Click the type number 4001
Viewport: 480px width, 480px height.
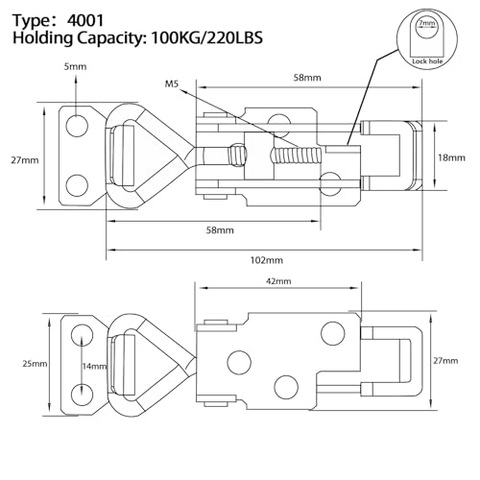tap(85, 21)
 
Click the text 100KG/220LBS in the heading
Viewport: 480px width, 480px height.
tap(206, 38)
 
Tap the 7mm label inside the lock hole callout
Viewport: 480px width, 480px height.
tap(427, 23)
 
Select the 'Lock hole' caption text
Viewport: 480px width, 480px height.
tap(427, 61)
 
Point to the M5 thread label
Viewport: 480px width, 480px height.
tap(172, 84)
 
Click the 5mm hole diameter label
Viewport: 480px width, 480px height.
tap(76, 66)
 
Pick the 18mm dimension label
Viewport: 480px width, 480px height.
tap(451, 157)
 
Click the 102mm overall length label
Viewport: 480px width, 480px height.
tap(267, 260)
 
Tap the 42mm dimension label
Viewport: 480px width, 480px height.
tap(278, 281)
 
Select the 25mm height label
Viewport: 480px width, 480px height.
tap(35, 364)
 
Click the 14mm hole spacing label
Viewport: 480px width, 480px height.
tap(95, 366)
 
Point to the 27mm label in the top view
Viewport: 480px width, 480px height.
tap(25, 160)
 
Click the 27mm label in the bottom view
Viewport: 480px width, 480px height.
tap(445, 361)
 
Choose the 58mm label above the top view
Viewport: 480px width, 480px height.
tap(307, 78)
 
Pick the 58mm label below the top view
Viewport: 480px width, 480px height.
tap(220, 230)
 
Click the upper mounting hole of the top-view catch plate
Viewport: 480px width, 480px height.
tap(77, 126)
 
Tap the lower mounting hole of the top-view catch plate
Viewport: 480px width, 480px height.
tap(77, 184)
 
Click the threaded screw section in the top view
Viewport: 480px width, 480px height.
tap(296, 155)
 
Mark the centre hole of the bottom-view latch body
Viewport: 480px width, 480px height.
tap(239, 363)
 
